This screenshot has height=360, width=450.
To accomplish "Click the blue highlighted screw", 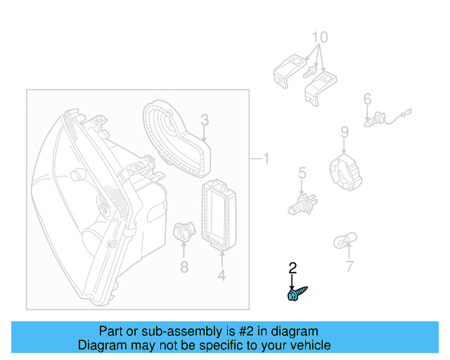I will click(297, 294).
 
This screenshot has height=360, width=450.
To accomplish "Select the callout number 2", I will click(292, 267).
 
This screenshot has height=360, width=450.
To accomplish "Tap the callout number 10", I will click(319, 37).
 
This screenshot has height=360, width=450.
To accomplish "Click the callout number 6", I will click(367, 100).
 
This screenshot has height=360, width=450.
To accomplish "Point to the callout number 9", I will click(345, 131).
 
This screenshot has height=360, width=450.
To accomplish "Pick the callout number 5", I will click(302, 172).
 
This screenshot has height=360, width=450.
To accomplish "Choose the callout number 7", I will click(349, 266).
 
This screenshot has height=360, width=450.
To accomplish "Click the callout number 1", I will click(265, 158).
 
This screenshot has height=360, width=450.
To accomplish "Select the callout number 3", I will click(204, 120).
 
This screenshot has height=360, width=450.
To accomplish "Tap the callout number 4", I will click(221, 276).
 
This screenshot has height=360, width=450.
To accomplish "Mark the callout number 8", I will click(184, 267).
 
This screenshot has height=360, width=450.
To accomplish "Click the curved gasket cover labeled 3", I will click(176, 137).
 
